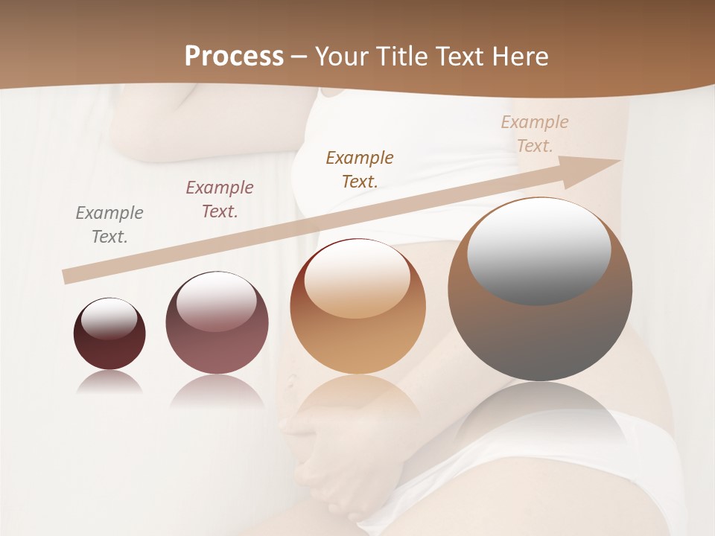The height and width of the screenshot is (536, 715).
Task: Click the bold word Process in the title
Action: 234,57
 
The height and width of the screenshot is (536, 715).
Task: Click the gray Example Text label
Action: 109,225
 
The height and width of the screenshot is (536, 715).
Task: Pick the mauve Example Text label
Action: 220,200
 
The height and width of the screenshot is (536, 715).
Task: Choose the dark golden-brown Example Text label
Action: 360,170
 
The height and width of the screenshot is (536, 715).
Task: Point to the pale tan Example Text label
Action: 535,134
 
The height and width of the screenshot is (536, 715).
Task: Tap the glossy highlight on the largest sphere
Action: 538,250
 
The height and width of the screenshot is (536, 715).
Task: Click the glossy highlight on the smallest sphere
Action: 109,319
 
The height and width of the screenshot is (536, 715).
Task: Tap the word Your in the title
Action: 342,57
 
